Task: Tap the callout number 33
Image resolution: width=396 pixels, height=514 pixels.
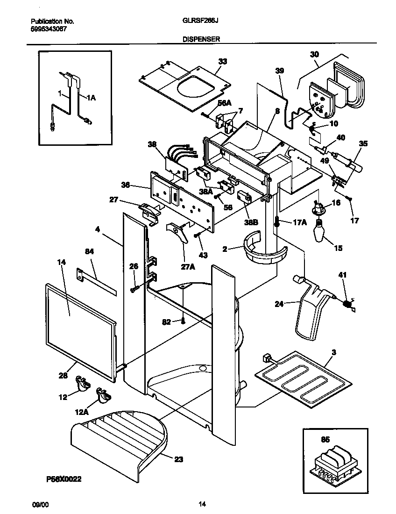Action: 222,62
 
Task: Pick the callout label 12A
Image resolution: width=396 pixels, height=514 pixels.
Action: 81,412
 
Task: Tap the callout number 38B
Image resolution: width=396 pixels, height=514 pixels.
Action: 252,223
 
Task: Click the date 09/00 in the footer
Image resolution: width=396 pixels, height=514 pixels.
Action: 40,504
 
